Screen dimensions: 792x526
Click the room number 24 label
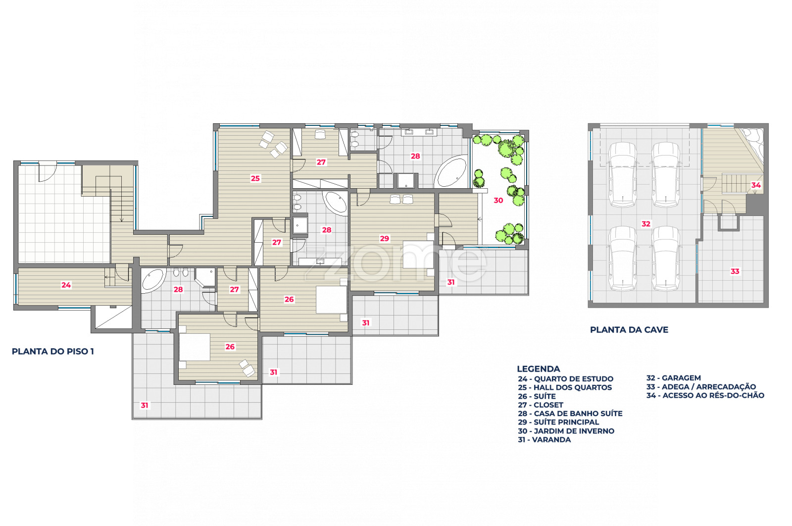66,285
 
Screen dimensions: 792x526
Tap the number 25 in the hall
255,179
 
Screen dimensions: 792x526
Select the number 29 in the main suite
384,239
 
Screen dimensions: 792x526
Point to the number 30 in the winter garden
498,201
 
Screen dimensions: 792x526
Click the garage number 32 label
646,224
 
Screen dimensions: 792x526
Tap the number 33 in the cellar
735,271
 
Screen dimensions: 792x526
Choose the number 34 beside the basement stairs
756,185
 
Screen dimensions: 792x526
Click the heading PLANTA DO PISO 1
52,352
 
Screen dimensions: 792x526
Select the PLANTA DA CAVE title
629,330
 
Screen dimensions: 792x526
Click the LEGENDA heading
539,369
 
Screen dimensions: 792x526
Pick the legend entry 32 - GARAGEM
674,378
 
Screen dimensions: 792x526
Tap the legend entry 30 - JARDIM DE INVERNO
566,431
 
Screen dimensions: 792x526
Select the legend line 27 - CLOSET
541,405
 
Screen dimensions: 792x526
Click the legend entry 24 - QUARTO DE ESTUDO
566,379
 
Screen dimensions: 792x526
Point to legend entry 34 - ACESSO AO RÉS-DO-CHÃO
705,395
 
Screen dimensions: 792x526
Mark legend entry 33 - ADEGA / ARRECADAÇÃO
701,387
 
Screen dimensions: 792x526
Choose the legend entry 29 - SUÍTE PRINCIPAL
558,422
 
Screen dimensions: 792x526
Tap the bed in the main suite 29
419,255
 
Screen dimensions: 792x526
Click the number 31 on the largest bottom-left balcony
145,405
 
